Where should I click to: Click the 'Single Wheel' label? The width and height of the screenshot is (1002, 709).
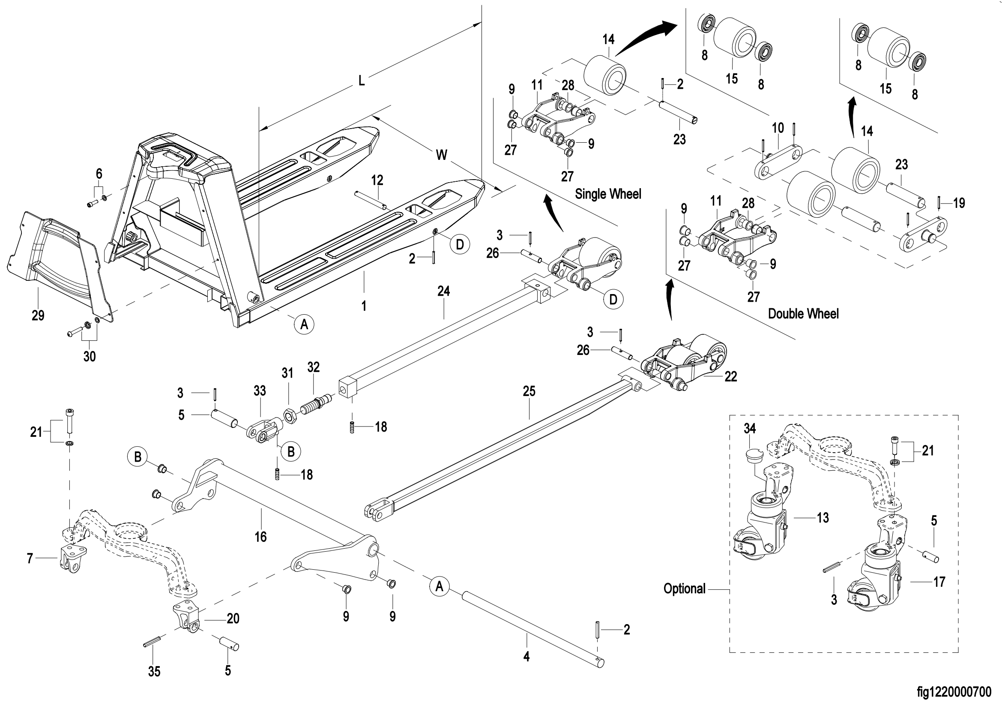tap(608, 194)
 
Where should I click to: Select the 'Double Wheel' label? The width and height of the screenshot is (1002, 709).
tap(803, 313)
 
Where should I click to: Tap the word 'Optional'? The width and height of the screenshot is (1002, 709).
tap(684, 589)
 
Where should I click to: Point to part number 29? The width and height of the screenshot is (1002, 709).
tap(38, 315)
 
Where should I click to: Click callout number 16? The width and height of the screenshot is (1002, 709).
tap(260, 537)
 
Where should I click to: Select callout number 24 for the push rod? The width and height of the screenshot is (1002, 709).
tap(443, 291)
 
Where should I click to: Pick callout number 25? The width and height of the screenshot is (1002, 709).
tap(529, 391)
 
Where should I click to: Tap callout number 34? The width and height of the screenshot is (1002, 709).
tap(750, 429)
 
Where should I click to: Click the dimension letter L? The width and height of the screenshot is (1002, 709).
tap(362, 81)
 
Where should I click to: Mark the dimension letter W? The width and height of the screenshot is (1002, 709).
tap(442, 155)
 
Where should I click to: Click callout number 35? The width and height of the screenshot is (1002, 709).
tap(154, 671)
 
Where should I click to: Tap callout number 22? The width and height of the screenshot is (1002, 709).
tap(730, 376)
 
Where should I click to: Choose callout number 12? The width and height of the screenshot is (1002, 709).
tap(377, 180)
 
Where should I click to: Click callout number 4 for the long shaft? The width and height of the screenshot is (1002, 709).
tap(526, 657)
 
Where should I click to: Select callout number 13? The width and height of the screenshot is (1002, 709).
tap(823, 518)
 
